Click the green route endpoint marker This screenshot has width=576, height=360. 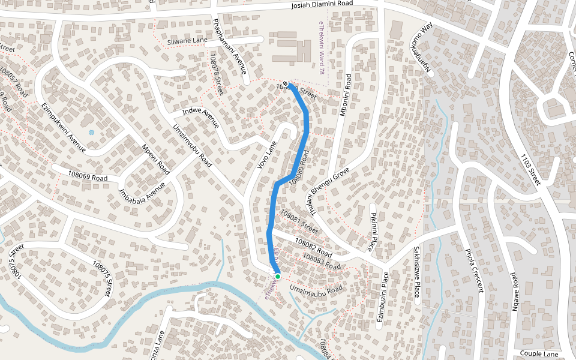[x=277, y=277]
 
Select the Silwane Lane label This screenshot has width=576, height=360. [x=187, y=41]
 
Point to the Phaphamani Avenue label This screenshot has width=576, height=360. [x=230, y=46]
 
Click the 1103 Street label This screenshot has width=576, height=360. [x=530, y=169]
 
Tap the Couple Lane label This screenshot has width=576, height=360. [x=539, y=354]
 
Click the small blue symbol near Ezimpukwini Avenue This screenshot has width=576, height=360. [x=91, y=132]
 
